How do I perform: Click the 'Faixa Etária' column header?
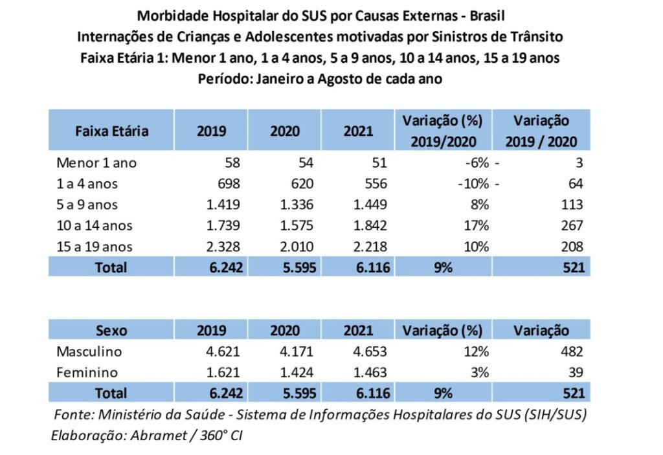[x=111, y=131]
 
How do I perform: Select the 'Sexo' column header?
[x=111, y=331]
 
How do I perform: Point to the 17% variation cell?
[x=476, y=226]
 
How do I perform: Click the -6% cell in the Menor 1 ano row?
[x=476, y=163]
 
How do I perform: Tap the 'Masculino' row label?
[x=89, y=351]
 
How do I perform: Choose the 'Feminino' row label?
[x=87, y=372]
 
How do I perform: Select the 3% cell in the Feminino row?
[x=480, y=372]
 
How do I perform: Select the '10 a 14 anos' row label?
[x=94, y=226]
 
